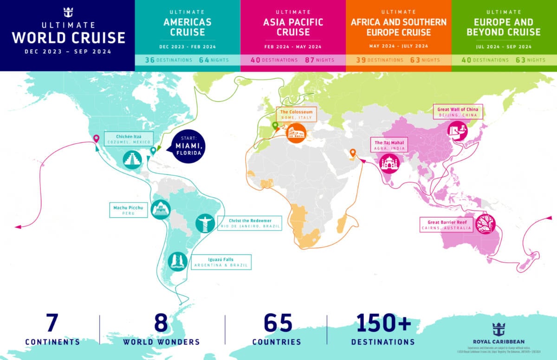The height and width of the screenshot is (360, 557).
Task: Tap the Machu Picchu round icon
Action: (161, 210)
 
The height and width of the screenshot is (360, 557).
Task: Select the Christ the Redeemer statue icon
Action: (204, 223)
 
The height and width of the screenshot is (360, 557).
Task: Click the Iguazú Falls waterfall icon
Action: (178, 261)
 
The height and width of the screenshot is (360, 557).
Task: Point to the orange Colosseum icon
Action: (296, 133)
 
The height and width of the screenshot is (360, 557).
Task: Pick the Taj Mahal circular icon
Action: (389, 163)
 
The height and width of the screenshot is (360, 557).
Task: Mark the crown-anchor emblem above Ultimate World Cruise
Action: (68, 12)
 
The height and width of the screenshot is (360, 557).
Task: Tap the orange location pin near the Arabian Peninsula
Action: (353, 153)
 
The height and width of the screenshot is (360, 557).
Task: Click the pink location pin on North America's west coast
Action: (97, 138)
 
